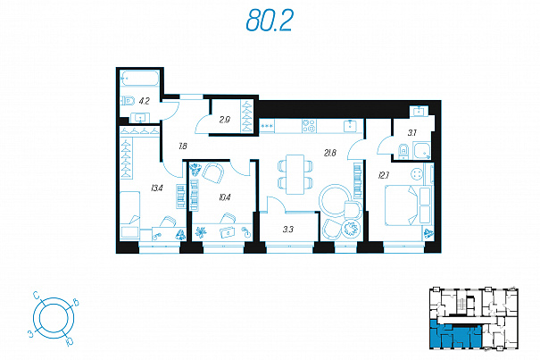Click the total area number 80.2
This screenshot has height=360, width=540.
270,21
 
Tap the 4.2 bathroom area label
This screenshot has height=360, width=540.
145,101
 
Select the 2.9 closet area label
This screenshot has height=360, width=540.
225,120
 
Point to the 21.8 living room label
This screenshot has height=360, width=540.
330,153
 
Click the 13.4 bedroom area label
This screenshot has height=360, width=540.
157,188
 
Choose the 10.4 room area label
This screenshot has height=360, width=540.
225,197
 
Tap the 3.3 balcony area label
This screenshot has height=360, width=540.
288,229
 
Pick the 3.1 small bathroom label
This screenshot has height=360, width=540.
412,133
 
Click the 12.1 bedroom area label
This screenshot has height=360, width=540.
384,175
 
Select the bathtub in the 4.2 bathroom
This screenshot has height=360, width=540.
139,79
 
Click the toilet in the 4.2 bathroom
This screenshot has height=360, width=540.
129,101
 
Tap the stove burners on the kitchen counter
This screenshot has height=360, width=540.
309,126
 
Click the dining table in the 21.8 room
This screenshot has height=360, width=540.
295,174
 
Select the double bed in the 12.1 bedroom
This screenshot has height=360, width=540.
408,205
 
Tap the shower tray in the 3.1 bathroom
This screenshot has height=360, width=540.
422,151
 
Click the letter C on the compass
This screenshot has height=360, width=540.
37,295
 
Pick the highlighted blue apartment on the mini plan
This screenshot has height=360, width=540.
455,334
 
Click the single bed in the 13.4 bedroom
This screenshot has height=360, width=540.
129,214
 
